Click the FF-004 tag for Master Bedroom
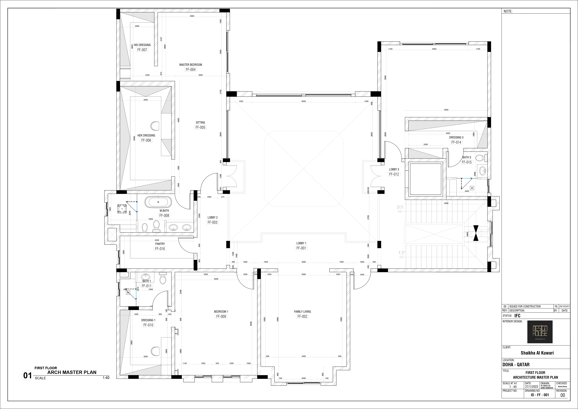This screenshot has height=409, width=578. pos(191,70)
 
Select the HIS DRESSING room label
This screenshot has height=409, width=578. pos(142,45)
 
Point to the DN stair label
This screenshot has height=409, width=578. pos(400,207)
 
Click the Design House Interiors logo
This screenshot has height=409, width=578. pos(540,332)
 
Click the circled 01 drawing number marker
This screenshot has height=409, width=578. pos(27,375)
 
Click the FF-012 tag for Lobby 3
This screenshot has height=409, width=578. pos(394,174)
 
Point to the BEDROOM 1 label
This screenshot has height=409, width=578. pos(221,312)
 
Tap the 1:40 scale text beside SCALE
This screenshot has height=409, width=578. pos(106,378)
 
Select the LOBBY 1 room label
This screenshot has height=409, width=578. pos(301,243)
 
